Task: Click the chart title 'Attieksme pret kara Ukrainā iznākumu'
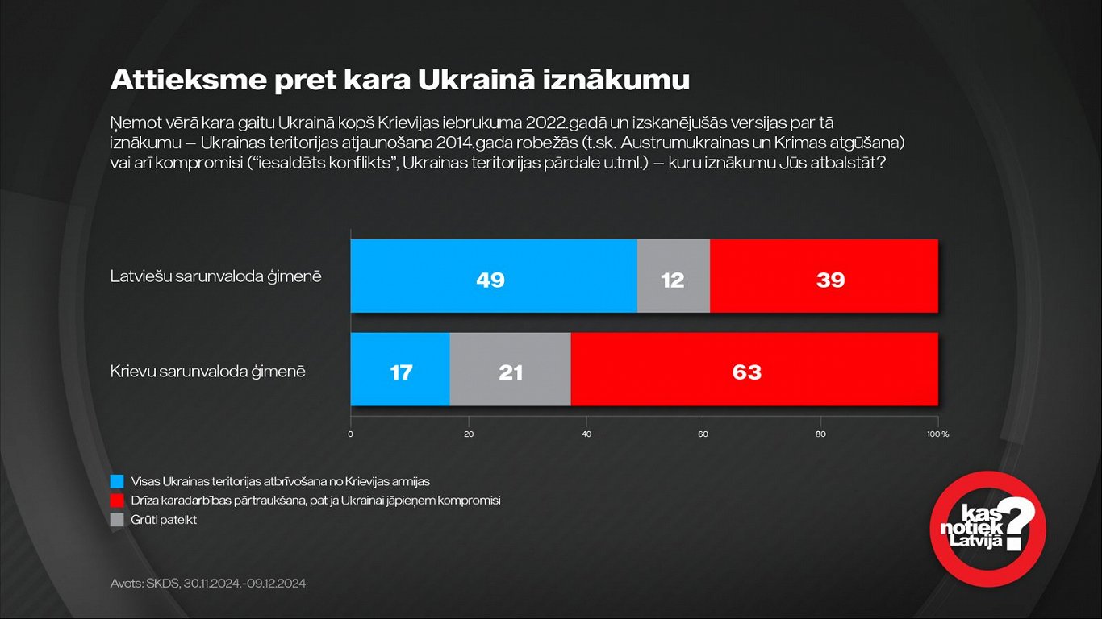[399, 81]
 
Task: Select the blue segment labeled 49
[493, 276]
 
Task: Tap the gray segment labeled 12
[673, 276]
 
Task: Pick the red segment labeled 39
[824, 276]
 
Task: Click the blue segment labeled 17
[400, 369]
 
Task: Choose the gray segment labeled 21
[510, 369]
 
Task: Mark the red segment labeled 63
[754, 369]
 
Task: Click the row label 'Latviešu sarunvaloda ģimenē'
[215, 276]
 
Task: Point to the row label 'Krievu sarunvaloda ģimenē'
[207, 372]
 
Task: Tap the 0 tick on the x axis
[351, 434]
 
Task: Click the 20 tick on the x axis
[468, 434]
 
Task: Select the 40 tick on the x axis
[586, 434]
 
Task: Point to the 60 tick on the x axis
[703, 434]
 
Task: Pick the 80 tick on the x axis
[820, 434]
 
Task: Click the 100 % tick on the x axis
[937, 434]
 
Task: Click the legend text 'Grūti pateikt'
[164, 520]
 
